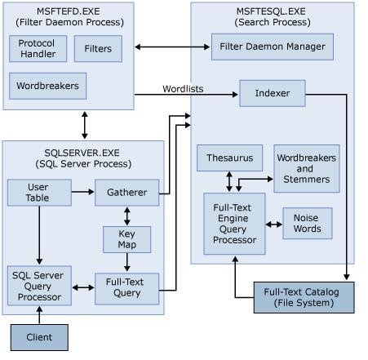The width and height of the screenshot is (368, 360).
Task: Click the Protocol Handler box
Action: click(x=37, y=49)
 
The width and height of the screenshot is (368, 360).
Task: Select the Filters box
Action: click(x=98, y=49)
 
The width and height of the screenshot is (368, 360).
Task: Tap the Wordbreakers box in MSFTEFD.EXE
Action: click(x=48, y=85)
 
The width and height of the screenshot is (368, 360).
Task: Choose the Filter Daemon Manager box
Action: click(x=272, y=47)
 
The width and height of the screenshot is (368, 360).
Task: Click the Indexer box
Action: click(x=272, y=93)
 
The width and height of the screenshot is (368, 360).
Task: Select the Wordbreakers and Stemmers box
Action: click(x=306, y=169)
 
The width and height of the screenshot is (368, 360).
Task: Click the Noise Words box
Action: click(x=307, y=223)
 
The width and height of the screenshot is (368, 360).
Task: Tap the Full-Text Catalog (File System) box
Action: click(x=304, y=297)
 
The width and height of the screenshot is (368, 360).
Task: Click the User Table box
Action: click(x=38, y=193)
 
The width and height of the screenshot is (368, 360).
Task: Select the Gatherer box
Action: click(x=126, y=193)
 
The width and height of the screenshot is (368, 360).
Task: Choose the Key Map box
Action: click(x=126, y=239)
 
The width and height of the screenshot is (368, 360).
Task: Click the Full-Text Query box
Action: click(x=126, y=287)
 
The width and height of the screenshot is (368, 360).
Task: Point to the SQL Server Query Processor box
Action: click(x=38, y=287)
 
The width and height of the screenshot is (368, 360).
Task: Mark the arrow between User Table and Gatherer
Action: click(x=82, y=193)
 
